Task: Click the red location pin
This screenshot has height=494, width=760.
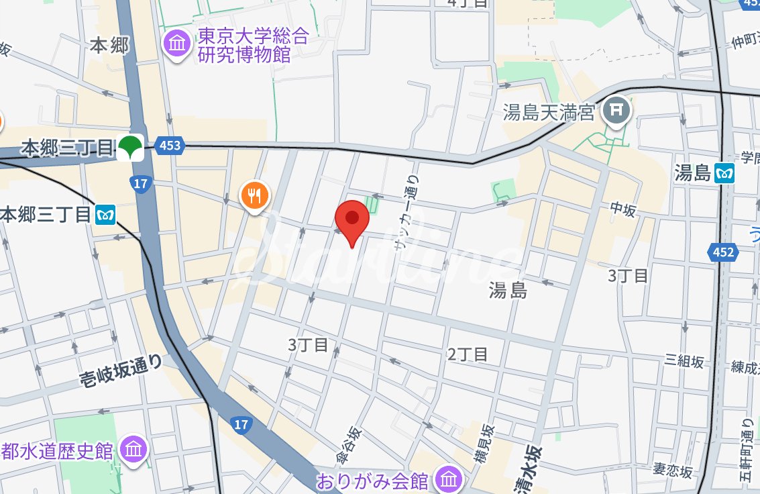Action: click(x=352, y=220)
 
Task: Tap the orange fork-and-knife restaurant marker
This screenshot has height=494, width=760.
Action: click(x=255, y=195)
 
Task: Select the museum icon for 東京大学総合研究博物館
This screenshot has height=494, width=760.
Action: click(x=178, y=45)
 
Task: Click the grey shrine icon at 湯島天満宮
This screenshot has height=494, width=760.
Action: click(x=616, y=111)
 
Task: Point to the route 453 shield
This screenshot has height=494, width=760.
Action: click(x=170, y=145)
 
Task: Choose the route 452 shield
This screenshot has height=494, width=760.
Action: click(x=723, y=252)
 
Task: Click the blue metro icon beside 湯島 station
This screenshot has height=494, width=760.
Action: click(x=725, y=173)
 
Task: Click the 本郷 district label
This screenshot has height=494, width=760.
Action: click(x=109, y=46)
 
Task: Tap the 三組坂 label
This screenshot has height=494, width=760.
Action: click(x=684, y=362)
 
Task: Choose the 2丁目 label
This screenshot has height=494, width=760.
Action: click(x=468, y=354)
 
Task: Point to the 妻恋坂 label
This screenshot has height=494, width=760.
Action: click(x=673, y=471)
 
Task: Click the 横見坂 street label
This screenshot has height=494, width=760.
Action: click(x=484, y=446)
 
